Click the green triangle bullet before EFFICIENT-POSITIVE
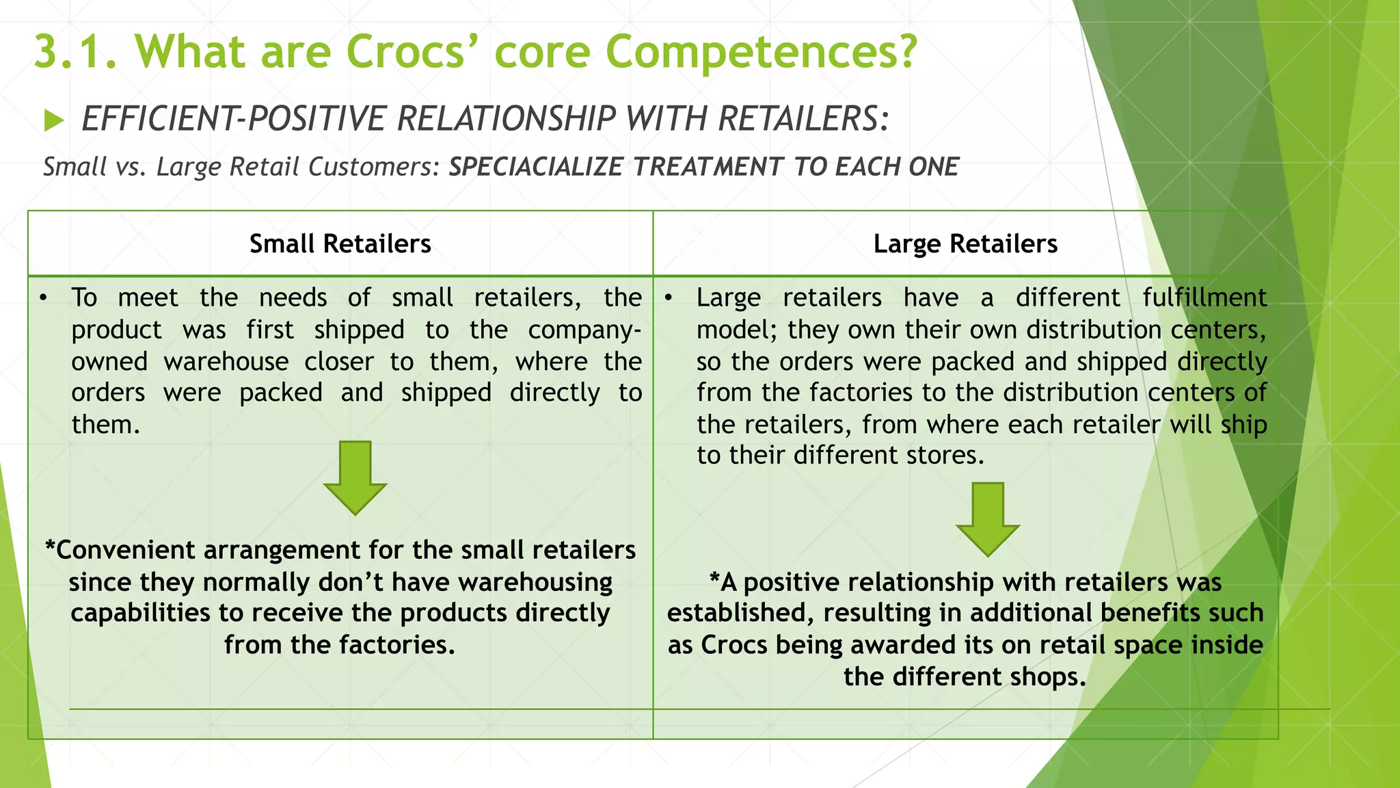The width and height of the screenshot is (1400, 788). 54,121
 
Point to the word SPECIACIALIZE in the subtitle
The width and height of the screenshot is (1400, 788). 535,167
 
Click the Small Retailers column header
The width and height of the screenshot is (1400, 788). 340,244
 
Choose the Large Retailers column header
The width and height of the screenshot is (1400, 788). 965,244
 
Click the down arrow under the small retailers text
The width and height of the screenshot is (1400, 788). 355,477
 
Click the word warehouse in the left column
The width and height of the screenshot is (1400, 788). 226,361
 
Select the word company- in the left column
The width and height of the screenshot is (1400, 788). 584,330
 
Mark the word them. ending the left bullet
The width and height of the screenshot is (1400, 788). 105,425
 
